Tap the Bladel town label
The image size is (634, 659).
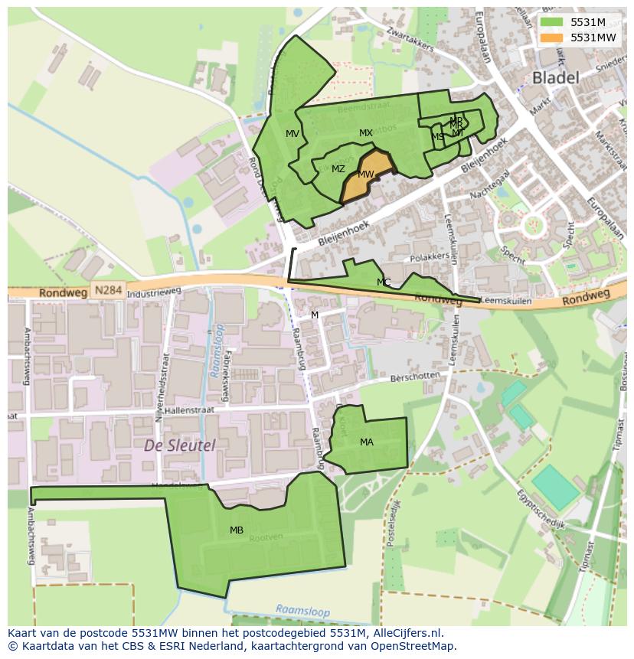555,77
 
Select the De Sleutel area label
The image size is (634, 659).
179,445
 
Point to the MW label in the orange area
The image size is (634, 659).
366,175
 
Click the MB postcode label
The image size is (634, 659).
237,530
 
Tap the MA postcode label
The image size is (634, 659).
367,442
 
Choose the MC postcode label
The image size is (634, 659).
384,282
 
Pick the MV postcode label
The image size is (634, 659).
292,134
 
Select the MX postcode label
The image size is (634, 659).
366,133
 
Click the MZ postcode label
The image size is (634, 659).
338,169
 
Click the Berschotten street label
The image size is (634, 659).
415,377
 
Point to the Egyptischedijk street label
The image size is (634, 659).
540,508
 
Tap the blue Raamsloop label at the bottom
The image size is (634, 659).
302,609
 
